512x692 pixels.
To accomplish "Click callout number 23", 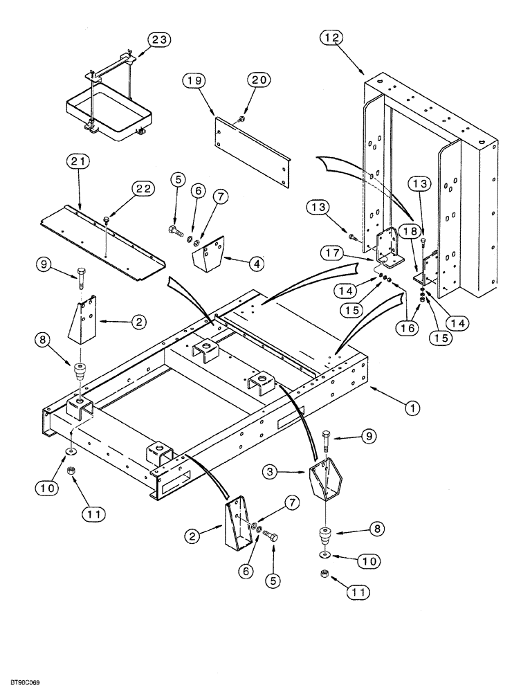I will (158, 41).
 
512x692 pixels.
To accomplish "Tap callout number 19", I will (193, 81).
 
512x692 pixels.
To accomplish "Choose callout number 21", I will (78, 163).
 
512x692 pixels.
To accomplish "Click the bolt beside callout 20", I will (239, 119).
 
